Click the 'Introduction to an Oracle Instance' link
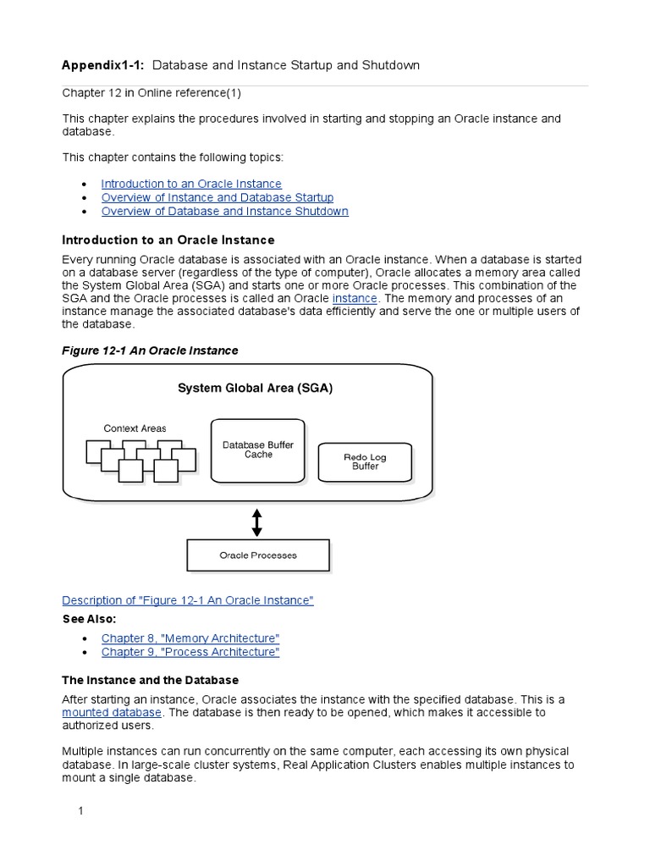coord(191,184)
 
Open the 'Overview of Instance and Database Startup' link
coord(218,197)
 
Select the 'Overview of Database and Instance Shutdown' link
coord(224,211)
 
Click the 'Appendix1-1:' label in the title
coord(104,65)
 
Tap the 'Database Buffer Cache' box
coord(258,450)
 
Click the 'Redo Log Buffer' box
coord(365,461)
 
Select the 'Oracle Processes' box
coord(258,555)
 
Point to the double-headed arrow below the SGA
coord(257,521)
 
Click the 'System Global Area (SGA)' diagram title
coord(255,389)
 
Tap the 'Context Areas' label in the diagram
coord(135,428)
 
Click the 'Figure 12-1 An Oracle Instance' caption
coord(151,351)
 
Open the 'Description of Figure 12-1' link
coord(188,600)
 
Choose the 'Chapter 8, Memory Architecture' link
coord(190,638)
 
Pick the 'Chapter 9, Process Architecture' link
coord(190,652)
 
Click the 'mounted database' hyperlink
coord(112,713)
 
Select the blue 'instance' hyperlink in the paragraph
coord(356,299)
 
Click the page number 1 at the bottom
coord(81,811)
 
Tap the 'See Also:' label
coord(90,619)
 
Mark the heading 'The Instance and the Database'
coord(151,680)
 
